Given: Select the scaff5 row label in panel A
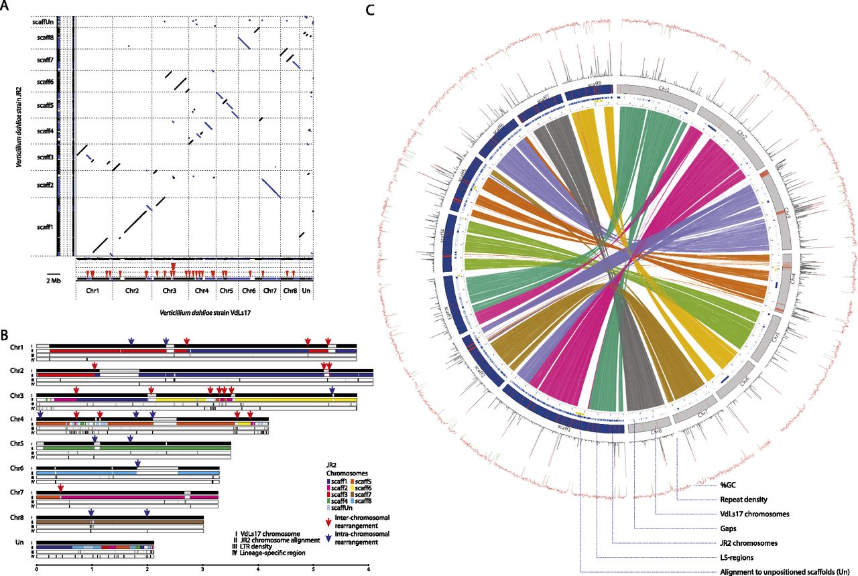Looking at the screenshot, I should [45, 106].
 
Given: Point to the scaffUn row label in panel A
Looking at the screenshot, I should [43, 21].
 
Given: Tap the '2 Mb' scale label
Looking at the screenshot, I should [54, 281].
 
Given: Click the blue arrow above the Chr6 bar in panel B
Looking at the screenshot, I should [137, 463].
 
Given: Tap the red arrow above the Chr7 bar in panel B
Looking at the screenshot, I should [60, 488].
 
